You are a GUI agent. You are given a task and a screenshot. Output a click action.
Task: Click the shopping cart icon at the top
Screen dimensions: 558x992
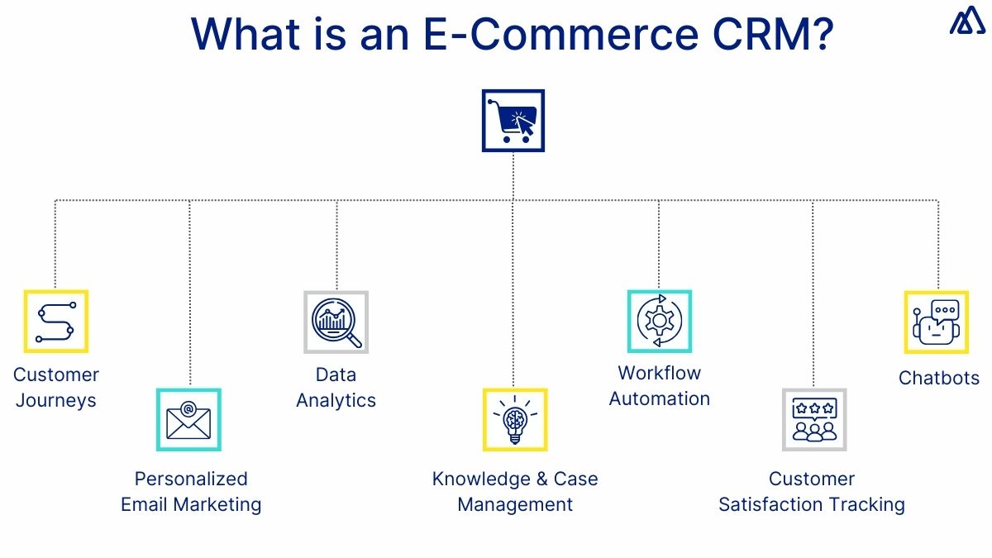513,121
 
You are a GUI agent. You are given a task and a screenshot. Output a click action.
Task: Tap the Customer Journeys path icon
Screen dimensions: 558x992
55,322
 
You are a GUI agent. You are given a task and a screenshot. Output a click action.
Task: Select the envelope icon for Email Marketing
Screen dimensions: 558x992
188,420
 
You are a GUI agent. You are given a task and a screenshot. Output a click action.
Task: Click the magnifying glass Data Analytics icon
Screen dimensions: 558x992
336,322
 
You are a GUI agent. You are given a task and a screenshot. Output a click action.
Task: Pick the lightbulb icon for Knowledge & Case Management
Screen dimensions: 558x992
514,420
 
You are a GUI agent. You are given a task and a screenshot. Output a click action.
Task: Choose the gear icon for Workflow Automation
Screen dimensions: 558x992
659,322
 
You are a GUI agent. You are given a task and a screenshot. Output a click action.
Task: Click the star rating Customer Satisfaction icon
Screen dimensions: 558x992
813,420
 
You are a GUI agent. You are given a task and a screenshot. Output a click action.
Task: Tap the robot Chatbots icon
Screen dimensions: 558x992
935,322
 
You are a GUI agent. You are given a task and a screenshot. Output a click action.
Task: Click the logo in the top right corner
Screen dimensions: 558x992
966,22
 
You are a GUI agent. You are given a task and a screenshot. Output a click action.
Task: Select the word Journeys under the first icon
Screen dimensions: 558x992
55,401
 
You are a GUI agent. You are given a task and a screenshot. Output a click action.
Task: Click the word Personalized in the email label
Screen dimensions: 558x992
191,479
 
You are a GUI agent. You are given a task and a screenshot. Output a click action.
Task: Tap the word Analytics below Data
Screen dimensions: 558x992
336,401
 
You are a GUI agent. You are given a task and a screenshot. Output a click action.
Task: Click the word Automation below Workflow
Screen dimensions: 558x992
659,398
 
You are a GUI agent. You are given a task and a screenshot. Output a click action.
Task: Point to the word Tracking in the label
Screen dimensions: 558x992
868,504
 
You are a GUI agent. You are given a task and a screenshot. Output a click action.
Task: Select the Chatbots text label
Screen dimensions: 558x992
938,378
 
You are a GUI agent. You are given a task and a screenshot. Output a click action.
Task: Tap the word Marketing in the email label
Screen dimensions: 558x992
220,504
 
